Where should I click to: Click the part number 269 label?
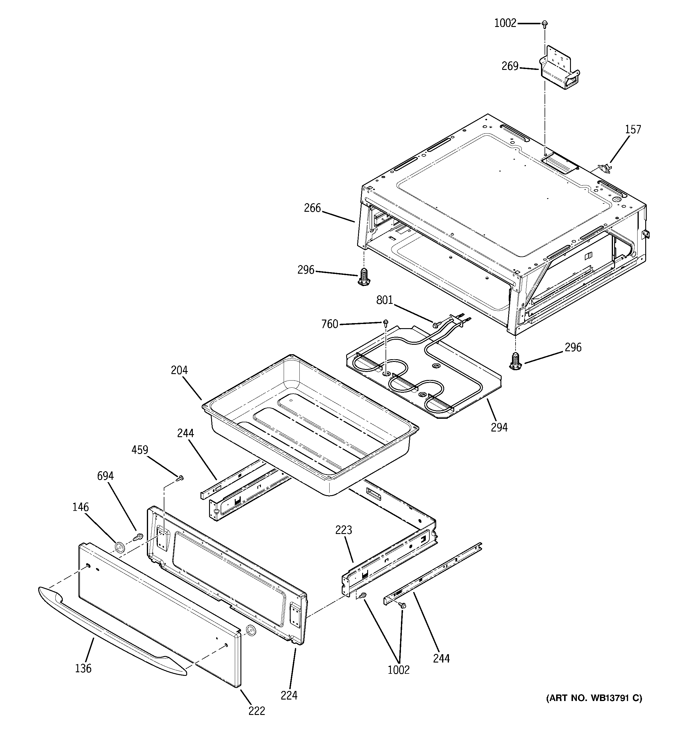pyautogui.click(x=510, y=66)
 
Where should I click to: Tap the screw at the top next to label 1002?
pyautogui.click(x=544, y=24)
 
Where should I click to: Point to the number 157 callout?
pyautogui.click(x=633, y=129)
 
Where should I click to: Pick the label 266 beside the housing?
pyautogui.click(x=312, y=208)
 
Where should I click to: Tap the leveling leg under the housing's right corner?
pyautogui.click(x=516, y=361)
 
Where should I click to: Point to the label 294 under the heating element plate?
pyautogui.click(x=499, y=427)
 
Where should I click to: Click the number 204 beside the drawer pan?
pyautogui.click(x=179, y=370)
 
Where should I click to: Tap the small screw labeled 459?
pyautogui.click(x=180, y=479)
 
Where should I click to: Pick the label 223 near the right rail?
pyautogui.click(x=344, y=530)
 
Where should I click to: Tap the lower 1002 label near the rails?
pyautogui.click(x=399, y=670)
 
